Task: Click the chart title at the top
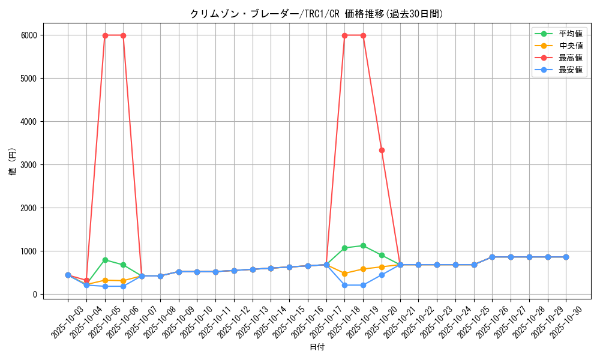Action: pos(316,14)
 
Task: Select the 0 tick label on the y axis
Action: pos(35,295)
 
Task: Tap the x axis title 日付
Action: pos(317,347)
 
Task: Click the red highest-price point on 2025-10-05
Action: pos(105,35)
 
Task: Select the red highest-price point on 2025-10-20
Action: pos(382,150)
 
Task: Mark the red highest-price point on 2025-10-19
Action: pos(363,35)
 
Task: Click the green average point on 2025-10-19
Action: pos(363,245)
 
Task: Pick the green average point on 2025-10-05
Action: pos(105,260)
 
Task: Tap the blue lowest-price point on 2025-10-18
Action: pos(344,285)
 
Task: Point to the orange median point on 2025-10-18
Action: pos(344,274)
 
